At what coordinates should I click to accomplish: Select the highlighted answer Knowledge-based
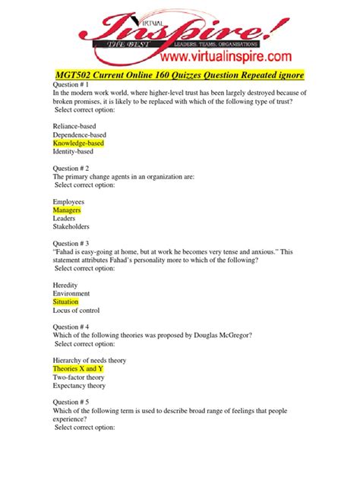pos(78,143)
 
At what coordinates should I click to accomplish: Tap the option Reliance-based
pos(74,125)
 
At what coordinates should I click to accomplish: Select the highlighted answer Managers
pos(67,208)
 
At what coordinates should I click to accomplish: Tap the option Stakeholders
pos(71,226)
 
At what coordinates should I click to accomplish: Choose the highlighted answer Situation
pos(65,302)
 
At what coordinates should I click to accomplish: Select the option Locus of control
pos(76,311)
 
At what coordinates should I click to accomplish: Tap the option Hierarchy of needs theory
pos(89,359)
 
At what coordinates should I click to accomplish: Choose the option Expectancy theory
pos(80,386)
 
